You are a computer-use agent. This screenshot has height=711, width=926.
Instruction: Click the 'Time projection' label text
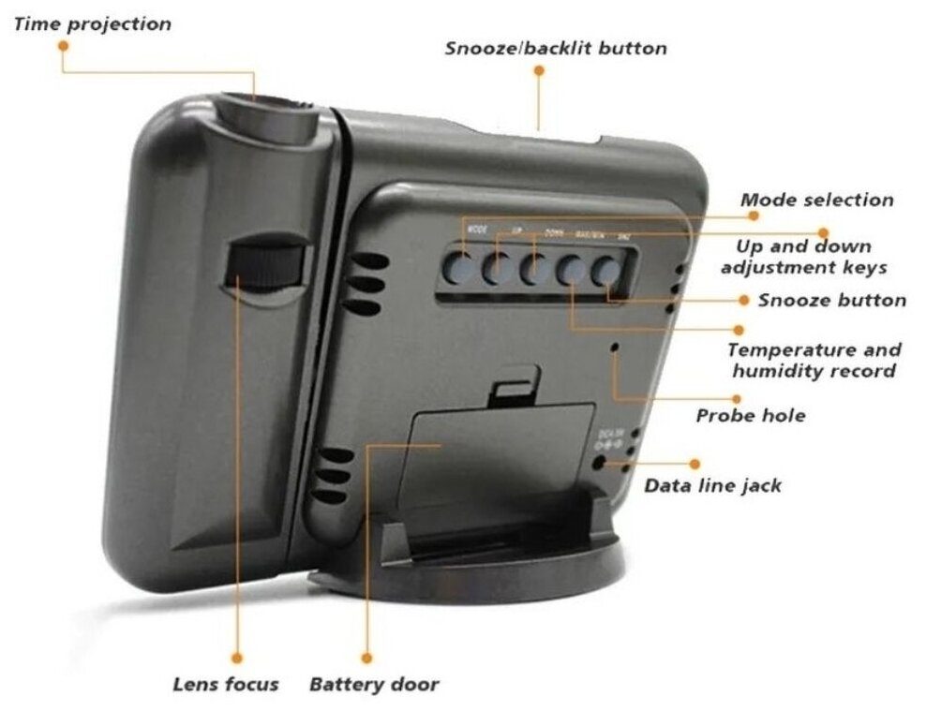tap(92, 24)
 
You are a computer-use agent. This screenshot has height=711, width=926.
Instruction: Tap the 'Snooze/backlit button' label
tap(556, 48)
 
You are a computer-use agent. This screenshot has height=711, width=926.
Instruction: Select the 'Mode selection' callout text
tap(816, 200)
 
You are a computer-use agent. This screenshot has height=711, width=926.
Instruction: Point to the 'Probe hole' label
tap(750, 415)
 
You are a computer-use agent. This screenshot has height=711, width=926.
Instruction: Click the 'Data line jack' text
tap(712, 485)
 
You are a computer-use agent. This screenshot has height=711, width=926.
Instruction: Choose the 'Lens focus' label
tap(225, 684)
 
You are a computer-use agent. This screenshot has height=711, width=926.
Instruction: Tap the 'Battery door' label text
tap(374, 684)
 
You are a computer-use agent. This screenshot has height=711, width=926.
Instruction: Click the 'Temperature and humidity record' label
tap(814, 361)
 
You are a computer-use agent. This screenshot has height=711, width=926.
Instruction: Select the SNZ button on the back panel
tap(606, 272)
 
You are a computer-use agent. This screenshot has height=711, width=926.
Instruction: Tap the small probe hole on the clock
tap(615, 348)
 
